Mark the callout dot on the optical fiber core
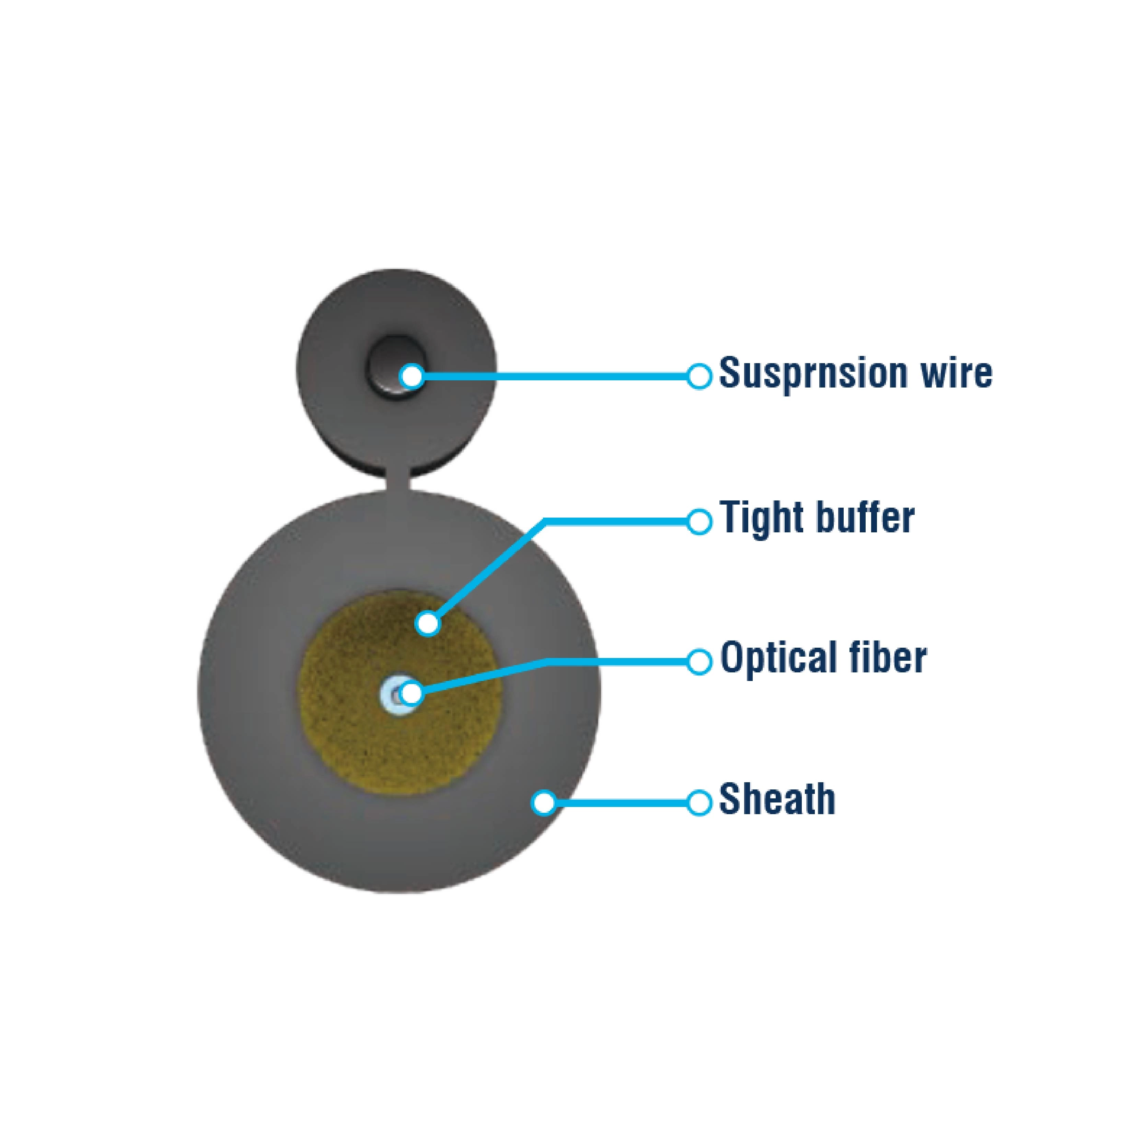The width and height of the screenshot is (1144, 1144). (x=412, y=693)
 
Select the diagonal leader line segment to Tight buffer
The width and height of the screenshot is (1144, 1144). (x=492, y=568)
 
